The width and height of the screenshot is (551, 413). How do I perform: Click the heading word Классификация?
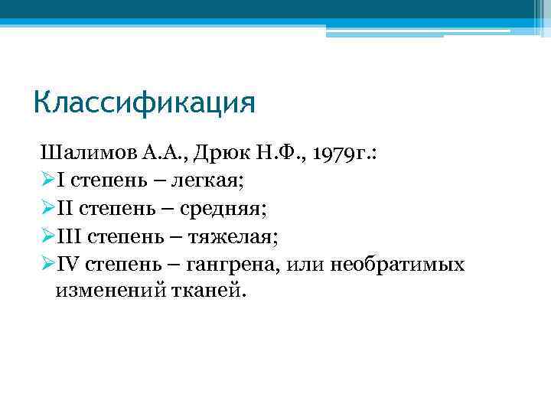(144, 102)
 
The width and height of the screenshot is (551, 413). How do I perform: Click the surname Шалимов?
(79, 152)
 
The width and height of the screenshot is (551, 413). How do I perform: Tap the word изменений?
(107, 291)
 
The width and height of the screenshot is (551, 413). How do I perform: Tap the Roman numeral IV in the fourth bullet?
(68, 265)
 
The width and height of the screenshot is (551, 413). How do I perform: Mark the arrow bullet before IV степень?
(46, 265)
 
